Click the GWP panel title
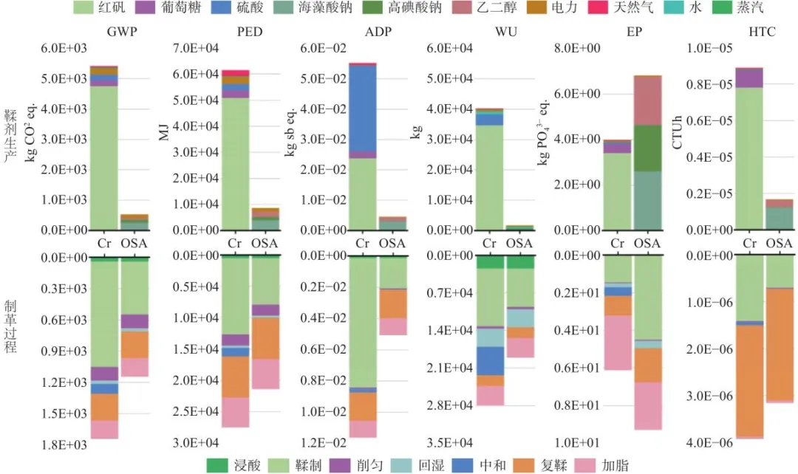point(122,32)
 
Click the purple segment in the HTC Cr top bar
point(749,78)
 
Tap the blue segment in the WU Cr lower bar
point(488,360)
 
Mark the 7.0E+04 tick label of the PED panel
point(195,48)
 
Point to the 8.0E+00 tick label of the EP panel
point(579,48)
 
